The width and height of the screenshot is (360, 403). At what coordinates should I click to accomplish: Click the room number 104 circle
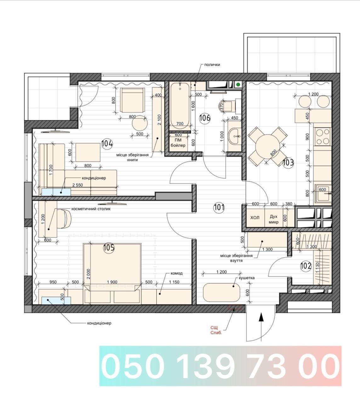[x=107, y=144]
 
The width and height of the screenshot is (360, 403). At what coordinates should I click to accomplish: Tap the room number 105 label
[x=109, y=248]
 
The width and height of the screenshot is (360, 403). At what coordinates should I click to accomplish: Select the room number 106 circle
[x=205, y=118]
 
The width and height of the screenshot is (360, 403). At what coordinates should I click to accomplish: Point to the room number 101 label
[x=219, y=208]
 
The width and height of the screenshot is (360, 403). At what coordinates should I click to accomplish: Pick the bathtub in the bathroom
[x=180, y=106]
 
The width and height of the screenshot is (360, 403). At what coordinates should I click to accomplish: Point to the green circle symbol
[x=238, y=85]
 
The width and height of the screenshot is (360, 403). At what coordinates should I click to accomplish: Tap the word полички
[x=212, y=65]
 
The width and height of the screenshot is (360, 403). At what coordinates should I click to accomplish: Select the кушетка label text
[x=247, y=278]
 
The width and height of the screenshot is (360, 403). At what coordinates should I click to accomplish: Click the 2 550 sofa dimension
[x=77, y=185]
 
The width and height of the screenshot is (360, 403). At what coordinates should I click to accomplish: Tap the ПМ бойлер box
[x=178, y=143]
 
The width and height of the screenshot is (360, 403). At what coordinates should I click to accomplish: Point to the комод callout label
[x=176, y=273]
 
